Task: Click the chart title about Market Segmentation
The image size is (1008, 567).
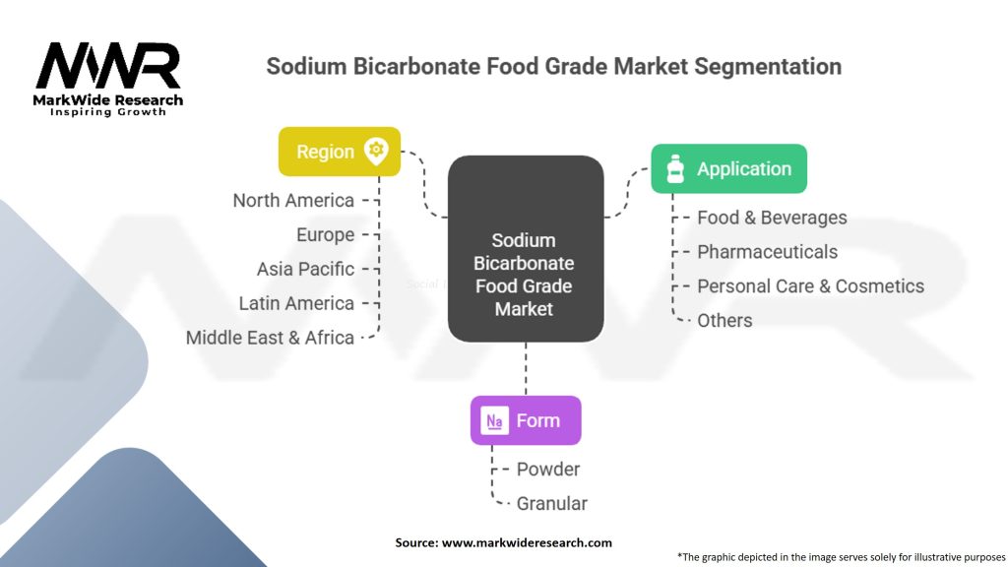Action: click(x=554, y=67)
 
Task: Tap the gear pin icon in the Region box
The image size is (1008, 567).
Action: click(x=375, y=151)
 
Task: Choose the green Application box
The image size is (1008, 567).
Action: click(x=728, y=168)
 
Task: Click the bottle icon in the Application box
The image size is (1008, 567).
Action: click(x=675, y=169)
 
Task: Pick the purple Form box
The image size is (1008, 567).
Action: click(x=526, y=420)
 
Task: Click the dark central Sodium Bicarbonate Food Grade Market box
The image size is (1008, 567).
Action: click(x=525, y=249)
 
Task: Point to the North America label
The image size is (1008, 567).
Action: click(x=293, y=201)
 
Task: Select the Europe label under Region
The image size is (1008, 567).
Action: click(x=325, y=235)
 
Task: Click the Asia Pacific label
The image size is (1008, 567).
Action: click(x=305, y=269)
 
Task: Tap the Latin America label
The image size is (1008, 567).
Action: click(x=296, y=303)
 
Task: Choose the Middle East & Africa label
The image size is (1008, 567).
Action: click(x=270, y=338)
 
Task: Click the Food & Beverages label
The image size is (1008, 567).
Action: click(x=772, y=218)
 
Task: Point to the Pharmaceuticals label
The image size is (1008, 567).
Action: click(x=767, y=252)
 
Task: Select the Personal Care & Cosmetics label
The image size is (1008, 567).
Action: click(x=810, y=286)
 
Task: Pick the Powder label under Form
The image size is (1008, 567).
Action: click(x=548, y=470)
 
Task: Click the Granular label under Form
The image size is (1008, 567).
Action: click(x=551, y=504)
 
